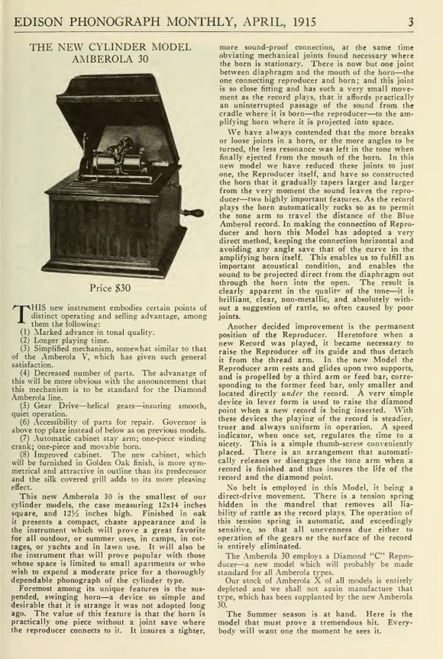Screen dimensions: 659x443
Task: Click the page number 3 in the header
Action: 427,22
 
